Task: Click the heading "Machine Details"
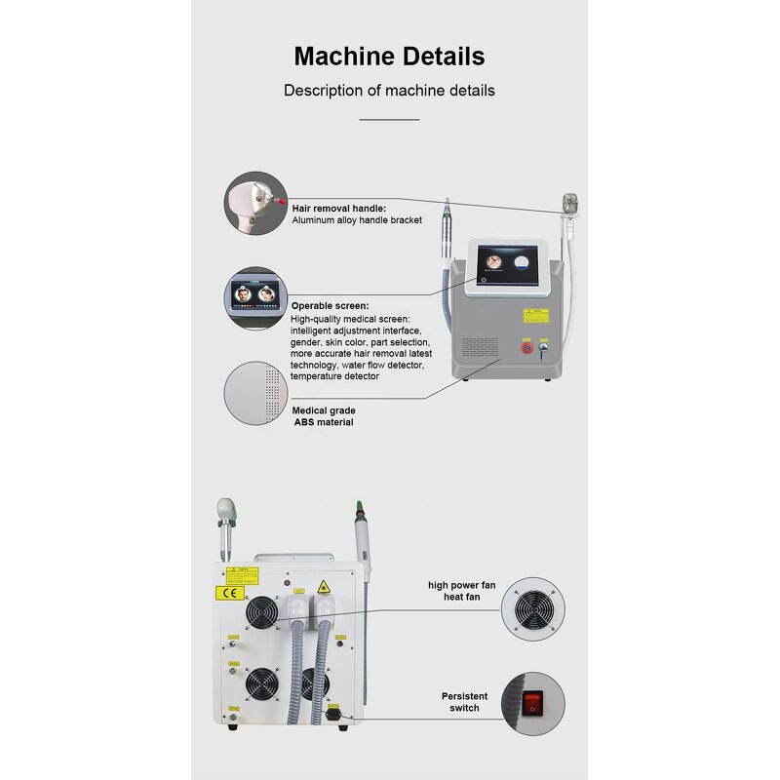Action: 389,56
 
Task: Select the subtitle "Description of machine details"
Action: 389,91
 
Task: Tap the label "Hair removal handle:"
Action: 339,208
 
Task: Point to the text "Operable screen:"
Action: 331,305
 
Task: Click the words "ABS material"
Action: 324,422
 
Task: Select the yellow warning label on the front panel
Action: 535,315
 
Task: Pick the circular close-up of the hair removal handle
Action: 256,203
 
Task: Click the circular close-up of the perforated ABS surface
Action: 256,393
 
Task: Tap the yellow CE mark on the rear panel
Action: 223,592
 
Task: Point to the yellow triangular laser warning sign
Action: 324,587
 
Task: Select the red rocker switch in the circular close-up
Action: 532,702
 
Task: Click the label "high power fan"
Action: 461,585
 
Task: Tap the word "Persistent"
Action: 464,696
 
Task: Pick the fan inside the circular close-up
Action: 532,609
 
